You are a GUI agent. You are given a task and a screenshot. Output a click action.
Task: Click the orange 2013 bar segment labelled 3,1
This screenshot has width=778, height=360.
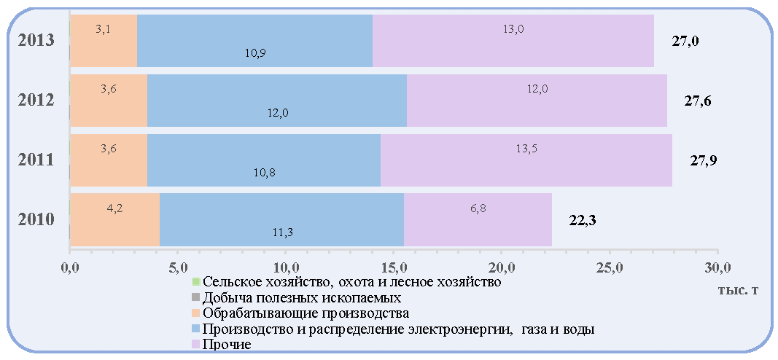(x=104, y=41)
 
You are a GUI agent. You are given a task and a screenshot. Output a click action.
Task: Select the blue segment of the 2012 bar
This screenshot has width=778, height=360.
(x=277, y=101)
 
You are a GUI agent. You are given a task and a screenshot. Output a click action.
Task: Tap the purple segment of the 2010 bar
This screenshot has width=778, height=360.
(x=478, y=219)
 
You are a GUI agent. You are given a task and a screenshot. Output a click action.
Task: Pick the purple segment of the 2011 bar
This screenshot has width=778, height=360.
(x=526, y=160)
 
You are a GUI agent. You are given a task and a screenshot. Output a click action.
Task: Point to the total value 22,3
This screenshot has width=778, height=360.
(x=582, y=220)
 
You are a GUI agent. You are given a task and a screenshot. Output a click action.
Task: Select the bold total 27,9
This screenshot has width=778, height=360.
(x=704, y=160)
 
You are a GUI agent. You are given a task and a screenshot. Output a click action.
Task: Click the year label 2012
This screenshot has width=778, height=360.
(x=36, y=100)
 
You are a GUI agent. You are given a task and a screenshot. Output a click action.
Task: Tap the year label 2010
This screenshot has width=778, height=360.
(x=36, y=219)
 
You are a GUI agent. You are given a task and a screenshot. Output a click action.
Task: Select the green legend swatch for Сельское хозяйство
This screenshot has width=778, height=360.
(x=195, y=282)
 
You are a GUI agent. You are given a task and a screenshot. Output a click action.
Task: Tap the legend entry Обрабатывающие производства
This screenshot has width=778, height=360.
(x=306, y=313)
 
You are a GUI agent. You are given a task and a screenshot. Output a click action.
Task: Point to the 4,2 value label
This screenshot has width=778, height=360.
(x=115, y=208)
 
